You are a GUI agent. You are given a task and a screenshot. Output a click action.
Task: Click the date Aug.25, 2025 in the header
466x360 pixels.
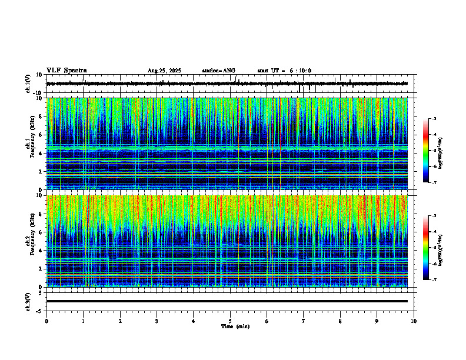pyautogui.click(x=164, y=71)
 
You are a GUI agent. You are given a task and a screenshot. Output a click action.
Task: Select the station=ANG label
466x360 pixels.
pyautogui.click(x=218, y=71)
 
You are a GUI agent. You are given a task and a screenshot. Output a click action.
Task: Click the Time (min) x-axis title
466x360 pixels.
pyautogui.click(x=235, y=326)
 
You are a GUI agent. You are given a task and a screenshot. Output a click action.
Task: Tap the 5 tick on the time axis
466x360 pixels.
pyautogui.click(x=230, y=321)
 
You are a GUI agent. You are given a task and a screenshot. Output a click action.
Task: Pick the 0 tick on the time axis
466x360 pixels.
pyautogui.click(x=46, y=321)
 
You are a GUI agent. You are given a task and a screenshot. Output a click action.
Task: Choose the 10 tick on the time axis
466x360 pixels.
pyautogui.click(x=414, y=321)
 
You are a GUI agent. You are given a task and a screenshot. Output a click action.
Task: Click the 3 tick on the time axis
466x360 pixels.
pyautogui.click(x=157, y=321)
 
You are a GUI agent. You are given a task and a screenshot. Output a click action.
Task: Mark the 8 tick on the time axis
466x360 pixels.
pyautogui.click(x=340, y=321)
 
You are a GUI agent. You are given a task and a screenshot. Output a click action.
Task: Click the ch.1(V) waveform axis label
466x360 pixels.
pyautogui.click(x=28, y=84)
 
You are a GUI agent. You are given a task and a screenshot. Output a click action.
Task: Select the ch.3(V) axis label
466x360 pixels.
pyautogui.click(x=28, y=301)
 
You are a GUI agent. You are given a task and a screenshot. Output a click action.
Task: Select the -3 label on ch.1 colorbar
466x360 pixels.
pyautogui.click(x=434, y=119)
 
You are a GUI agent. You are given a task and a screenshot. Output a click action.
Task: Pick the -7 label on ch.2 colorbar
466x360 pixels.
pyautogui.click(x=434, y=280)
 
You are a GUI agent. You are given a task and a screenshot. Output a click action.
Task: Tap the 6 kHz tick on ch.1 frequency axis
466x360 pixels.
pyautogui.click(x=41, y=135)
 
